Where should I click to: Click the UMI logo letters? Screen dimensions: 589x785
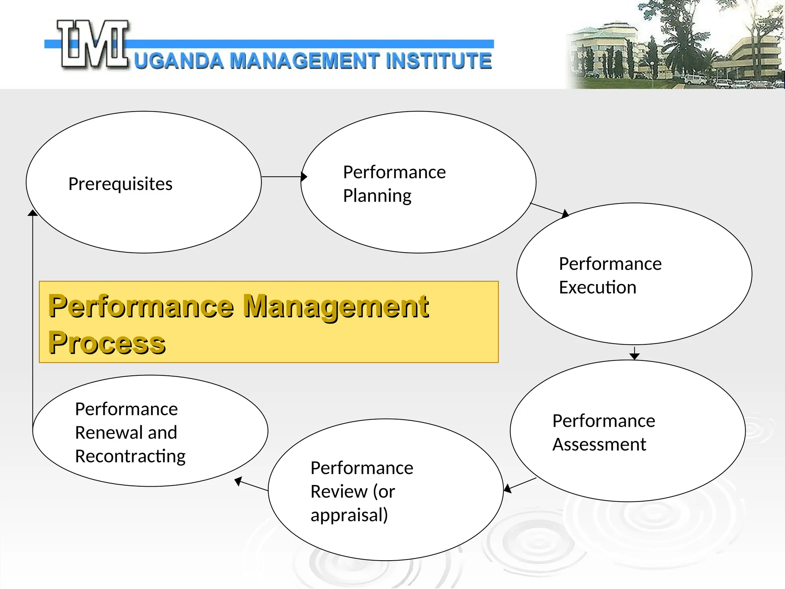tap(93, 45)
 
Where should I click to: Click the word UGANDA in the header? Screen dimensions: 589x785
tap(179, 61)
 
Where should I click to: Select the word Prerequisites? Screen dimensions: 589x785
tap(120, 184)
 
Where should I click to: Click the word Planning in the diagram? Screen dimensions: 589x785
tap(377, 196)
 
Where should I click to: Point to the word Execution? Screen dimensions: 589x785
tap(597, 288)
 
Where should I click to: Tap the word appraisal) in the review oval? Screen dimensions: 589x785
tap(349, 515)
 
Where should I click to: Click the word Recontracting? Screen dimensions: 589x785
tap(130, 456)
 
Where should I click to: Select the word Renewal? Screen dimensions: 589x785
tap(109, 433)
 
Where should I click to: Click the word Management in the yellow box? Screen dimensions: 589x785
tap(336, 307)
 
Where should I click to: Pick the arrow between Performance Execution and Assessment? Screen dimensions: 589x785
tap(634, 353)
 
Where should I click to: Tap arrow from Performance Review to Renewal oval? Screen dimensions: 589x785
tap(251, 485)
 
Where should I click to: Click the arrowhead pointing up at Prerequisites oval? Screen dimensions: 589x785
tap(33, 213)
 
